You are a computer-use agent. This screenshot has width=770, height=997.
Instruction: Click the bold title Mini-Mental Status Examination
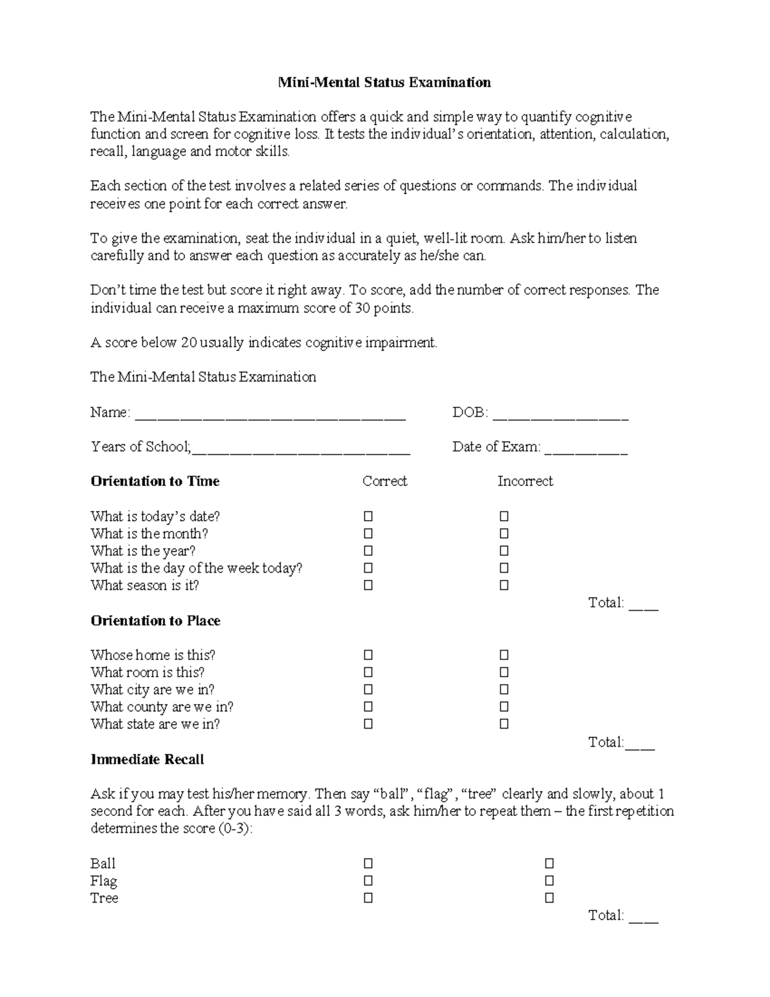(x=384, y=82)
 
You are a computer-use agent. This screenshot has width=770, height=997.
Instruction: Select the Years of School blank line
(x=301, y=449)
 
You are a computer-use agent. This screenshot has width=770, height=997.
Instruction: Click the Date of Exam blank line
(x=586, y=449)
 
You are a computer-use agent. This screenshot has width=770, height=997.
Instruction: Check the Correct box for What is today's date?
(x=368, y=516)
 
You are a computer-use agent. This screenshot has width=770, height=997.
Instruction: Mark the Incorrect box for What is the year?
(x=504, y=551)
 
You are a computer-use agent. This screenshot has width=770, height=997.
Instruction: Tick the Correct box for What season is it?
(x=368, y=585)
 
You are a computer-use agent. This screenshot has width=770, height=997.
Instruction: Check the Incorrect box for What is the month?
(x=504, y=533)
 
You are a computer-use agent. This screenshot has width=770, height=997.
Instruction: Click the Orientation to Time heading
(x=155, y=481)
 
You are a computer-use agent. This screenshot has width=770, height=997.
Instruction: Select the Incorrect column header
(x=525, y=481)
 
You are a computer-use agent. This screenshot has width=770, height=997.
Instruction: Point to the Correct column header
(x=384, y=481)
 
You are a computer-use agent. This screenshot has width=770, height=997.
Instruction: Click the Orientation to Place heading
(x=155, y=621)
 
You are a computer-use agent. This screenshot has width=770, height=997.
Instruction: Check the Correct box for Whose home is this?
(x=368, y=655)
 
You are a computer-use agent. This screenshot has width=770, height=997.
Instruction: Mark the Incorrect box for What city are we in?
(x=504, y=690)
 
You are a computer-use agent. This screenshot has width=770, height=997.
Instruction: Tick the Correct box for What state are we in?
(x=368, y=725)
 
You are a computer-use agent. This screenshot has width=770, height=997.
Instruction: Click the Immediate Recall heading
(x=147, y=759)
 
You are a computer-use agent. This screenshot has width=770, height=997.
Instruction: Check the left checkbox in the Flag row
(x=368, y=881)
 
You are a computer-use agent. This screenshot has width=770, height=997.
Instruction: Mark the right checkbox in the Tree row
(x=549, y=898)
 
